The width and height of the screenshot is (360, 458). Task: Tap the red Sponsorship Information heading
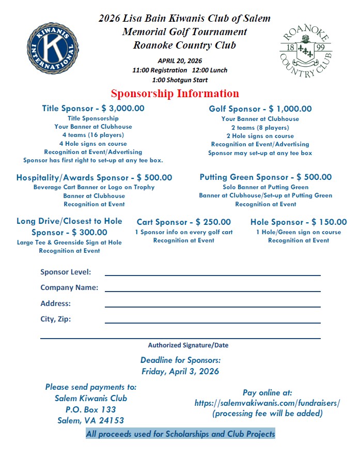(x=175, y=94)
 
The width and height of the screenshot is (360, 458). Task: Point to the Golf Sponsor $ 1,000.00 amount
(x=287, y=109)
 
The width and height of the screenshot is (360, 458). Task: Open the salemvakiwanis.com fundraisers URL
(x=267, y=403)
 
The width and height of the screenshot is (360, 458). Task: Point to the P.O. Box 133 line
(x=90, y=409)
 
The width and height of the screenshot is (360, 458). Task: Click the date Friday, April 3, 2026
(x=180, y=371)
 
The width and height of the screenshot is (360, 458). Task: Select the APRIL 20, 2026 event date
(x=180, y=60)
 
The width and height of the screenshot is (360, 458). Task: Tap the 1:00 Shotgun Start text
(x=180, y=80)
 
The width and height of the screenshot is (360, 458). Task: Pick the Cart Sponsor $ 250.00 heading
(x=183, y=222)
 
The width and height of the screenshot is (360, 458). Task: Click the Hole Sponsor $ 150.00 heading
(x=299, y=222)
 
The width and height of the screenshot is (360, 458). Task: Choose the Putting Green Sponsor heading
(x=265, y=177)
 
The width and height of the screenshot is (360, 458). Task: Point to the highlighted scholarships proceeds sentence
(x=180, y=434)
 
